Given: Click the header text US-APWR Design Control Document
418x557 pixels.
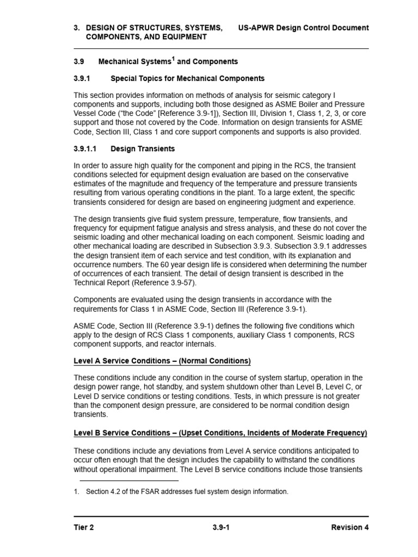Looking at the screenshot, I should click(303, 28).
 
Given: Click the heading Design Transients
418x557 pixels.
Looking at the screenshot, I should click(143, 148).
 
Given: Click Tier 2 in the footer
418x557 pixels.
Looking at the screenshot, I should click(84, 527).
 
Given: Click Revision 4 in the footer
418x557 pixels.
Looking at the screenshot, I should click(349, 527).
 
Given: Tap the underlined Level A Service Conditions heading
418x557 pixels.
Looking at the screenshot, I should click(162, 361).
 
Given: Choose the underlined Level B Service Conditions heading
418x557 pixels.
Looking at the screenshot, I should click(220, 433).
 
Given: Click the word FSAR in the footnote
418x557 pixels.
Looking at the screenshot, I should click(142, 492).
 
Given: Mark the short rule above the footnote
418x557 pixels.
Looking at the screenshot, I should click(129, 480).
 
